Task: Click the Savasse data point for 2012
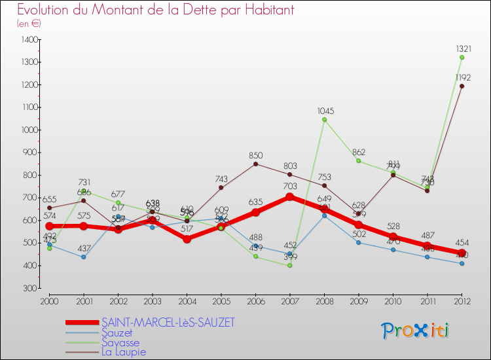tap(462, 58)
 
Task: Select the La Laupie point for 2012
tap(462, 86)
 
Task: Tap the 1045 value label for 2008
tap(325, 111)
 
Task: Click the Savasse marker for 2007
tap(289, 265)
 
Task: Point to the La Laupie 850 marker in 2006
tap(255, 164)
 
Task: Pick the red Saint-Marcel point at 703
tap(289, 196)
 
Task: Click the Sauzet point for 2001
tap(83, 257)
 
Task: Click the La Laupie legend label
tap(124, 351)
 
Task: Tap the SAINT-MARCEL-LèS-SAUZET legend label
tap(168, 322)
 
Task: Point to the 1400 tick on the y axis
tap(29, 40)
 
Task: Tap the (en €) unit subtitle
tap(29, 23)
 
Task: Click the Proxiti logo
tap(416, 331)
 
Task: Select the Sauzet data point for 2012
tap(462, 264)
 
